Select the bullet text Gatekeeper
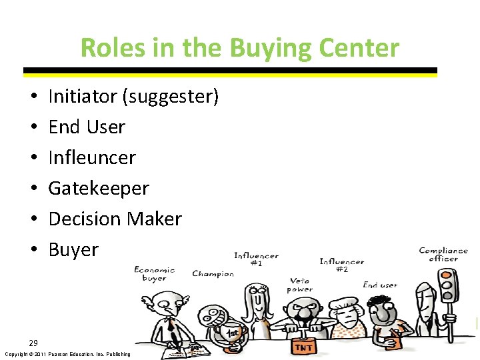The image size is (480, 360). coord(99,188)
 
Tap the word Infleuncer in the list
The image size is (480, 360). coord(92,157)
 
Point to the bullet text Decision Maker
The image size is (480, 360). coord(115,219)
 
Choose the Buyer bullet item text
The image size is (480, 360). coord(73,249)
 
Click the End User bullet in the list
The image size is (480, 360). coord(87,127)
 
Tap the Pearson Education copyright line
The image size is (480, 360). coord(67,354)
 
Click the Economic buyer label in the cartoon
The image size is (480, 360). coord(154,273)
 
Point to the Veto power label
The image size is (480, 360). coord(299,285)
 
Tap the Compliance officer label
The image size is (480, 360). coord(443,255)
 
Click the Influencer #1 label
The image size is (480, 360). coord(256,259)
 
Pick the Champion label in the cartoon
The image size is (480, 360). coord(213,273)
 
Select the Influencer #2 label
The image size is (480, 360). coord(341,265)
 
